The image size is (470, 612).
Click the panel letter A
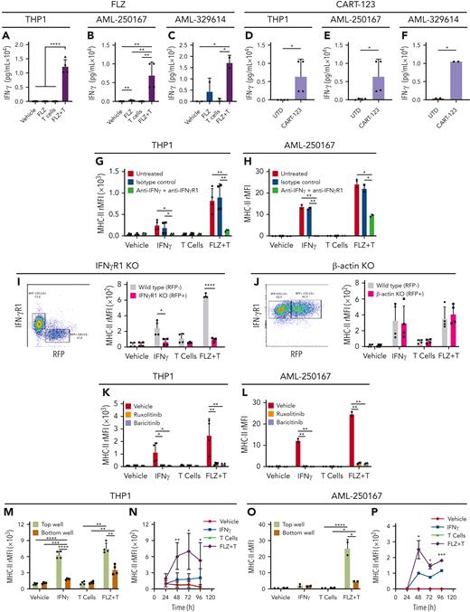[x=8, y=38]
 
